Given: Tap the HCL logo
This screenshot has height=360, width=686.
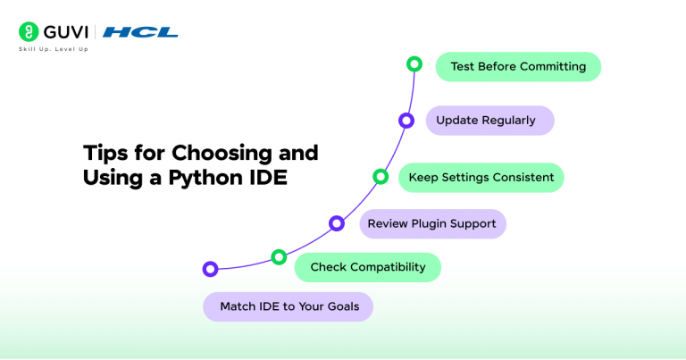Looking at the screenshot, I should [140, 32].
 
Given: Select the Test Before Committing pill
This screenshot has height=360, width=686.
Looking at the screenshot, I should [518, 67].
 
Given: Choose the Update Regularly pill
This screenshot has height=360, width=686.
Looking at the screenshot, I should [489, 121].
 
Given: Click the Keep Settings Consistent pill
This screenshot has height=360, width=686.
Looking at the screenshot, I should [481, 177].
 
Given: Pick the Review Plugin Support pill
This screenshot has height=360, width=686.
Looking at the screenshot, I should [432, 223].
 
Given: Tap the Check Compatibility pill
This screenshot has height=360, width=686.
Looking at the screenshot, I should [368, 267].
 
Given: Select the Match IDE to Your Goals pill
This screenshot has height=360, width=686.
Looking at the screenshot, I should [288, 306].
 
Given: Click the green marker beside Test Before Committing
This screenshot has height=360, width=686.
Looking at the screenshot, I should [414, 64].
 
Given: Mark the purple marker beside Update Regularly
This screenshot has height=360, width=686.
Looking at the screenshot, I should [406, 120].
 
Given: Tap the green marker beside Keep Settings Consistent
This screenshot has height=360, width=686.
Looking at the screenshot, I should [381, 176].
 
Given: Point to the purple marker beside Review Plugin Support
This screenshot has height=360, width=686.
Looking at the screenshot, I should [337, 223].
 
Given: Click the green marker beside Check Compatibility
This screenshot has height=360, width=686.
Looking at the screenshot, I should [279, 257].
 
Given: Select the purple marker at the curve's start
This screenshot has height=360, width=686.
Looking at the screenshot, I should [210, 268].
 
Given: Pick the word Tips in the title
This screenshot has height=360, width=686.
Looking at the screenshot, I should [105, 152].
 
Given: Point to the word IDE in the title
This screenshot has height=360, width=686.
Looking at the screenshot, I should [264, 177].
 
